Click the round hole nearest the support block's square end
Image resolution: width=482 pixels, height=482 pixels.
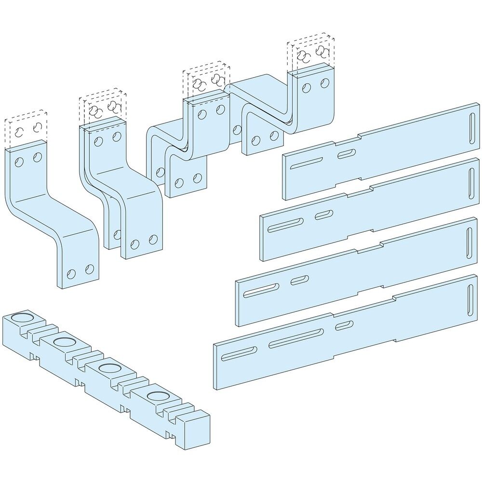tap(156, 397)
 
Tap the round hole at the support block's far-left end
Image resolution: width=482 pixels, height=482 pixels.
tap(19, 318)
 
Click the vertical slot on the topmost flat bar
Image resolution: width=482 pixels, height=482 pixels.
tap(470, 127)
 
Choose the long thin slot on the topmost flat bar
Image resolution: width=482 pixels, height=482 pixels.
tap(308, 163)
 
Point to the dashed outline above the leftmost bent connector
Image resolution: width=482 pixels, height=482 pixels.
tap(27, 127)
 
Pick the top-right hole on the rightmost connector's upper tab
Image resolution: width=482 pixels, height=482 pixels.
tap(324, 83)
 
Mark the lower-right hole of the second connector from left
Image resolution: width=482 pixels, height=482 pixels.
tap(153, 239)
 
